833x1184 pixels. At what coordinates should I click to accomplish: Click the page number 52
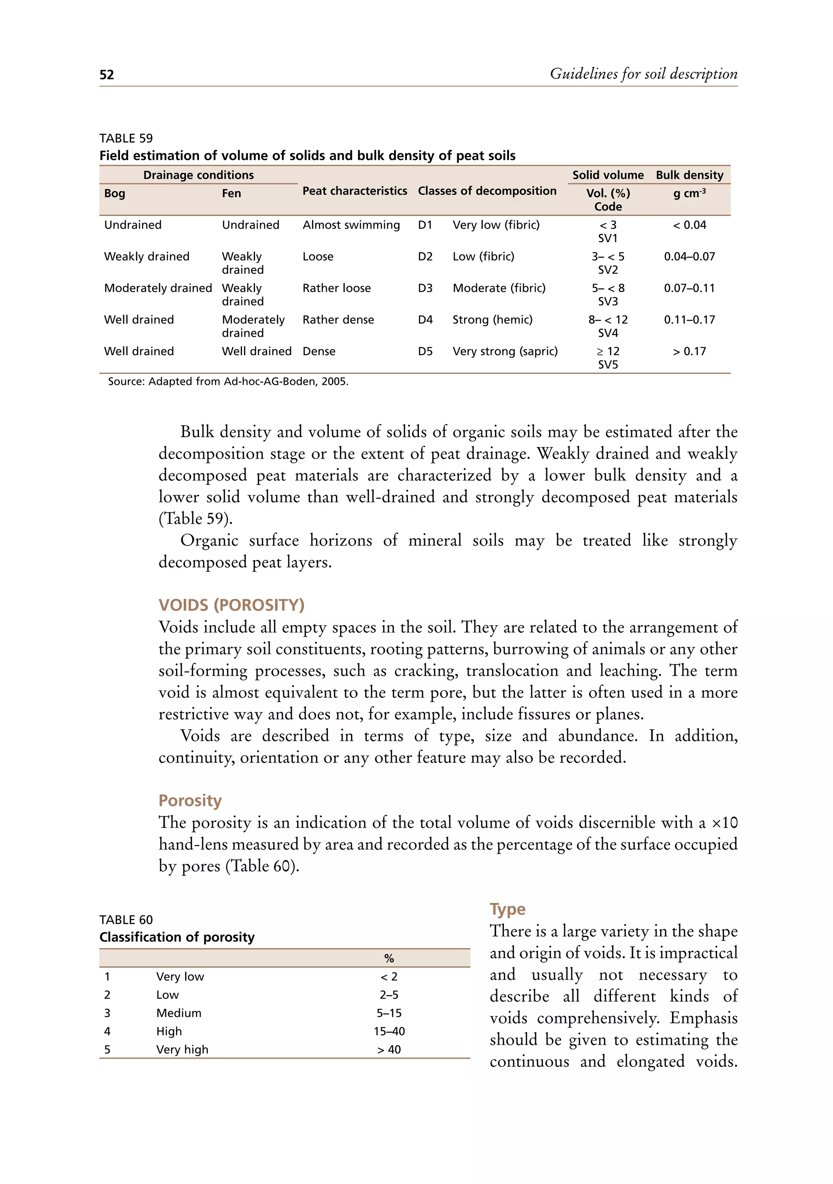107,75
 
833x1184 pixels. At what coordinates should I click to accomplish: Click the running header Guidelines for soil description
643,74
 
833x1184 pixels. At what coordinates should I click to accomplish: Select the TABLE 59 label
126,138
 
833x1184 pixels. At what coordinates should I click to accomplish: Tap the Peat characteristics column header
355,191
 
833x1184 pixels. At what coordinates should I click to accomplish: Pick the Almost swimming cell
351,225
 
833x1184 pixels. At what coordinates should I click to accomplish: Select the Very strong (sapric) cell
505,351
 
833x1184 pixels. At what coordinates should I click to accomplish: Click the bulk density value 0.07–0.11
689,288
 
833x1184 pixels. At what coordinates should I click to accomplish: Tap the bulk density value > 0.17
689,351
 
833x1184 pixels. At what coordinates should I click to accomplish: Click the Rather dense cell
338,320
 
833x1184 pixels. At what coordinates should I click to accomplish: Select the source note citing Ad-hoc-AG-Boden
228,382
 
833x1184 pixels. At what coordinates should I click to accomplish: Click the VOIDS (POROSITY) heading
231,605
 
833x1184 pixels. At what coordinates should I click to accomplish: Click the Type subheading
507,909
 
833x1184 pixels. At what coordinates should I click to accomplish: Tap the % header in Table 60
389,958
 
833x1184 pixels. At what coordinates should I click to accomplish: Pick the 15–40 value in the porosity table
389,1031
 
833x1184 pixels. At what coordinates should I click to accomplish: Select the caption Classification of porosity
177,937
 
